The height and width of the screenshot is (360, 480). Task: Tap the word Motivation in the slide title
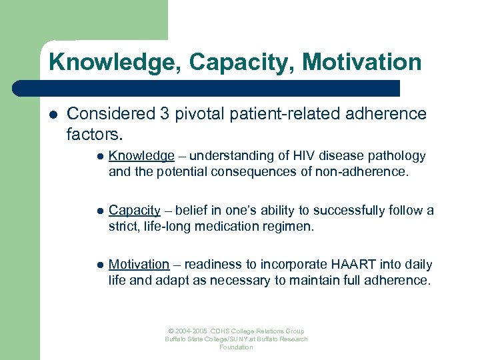pyautogui.click(x=362, y=62)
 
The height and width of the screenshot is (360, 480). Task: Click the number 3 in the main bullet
pyautogui.click(x=164, y=114)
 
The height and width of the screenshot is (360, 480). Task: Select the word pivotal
pyautogui.click(x=199, y=114)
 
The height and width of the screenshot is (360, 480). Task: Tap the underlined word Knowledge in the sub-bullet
pyautogui.click(x=141, y=156)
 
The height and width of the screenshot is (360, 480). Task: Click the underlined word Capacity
pyautogui.click(x=135, y=211)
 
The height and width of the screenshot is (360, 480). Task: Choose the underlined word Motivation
pyautogui.click(x=139, y=265)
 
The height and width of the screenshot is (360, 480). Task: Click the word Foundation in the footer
pyautogui.click(x=236, y=347)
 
